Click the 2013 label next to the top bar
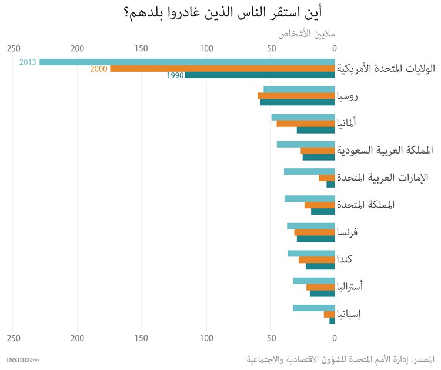coord(28,62)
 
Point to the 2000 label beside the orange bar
coord(99,69)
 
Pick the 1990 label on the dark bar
coord(175,75)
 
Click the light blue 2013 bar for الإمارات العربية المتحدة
coord(309,171)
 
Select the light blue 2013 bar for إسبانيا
coord(314,308)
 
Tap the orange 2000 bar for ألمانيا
coord(306,124)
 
